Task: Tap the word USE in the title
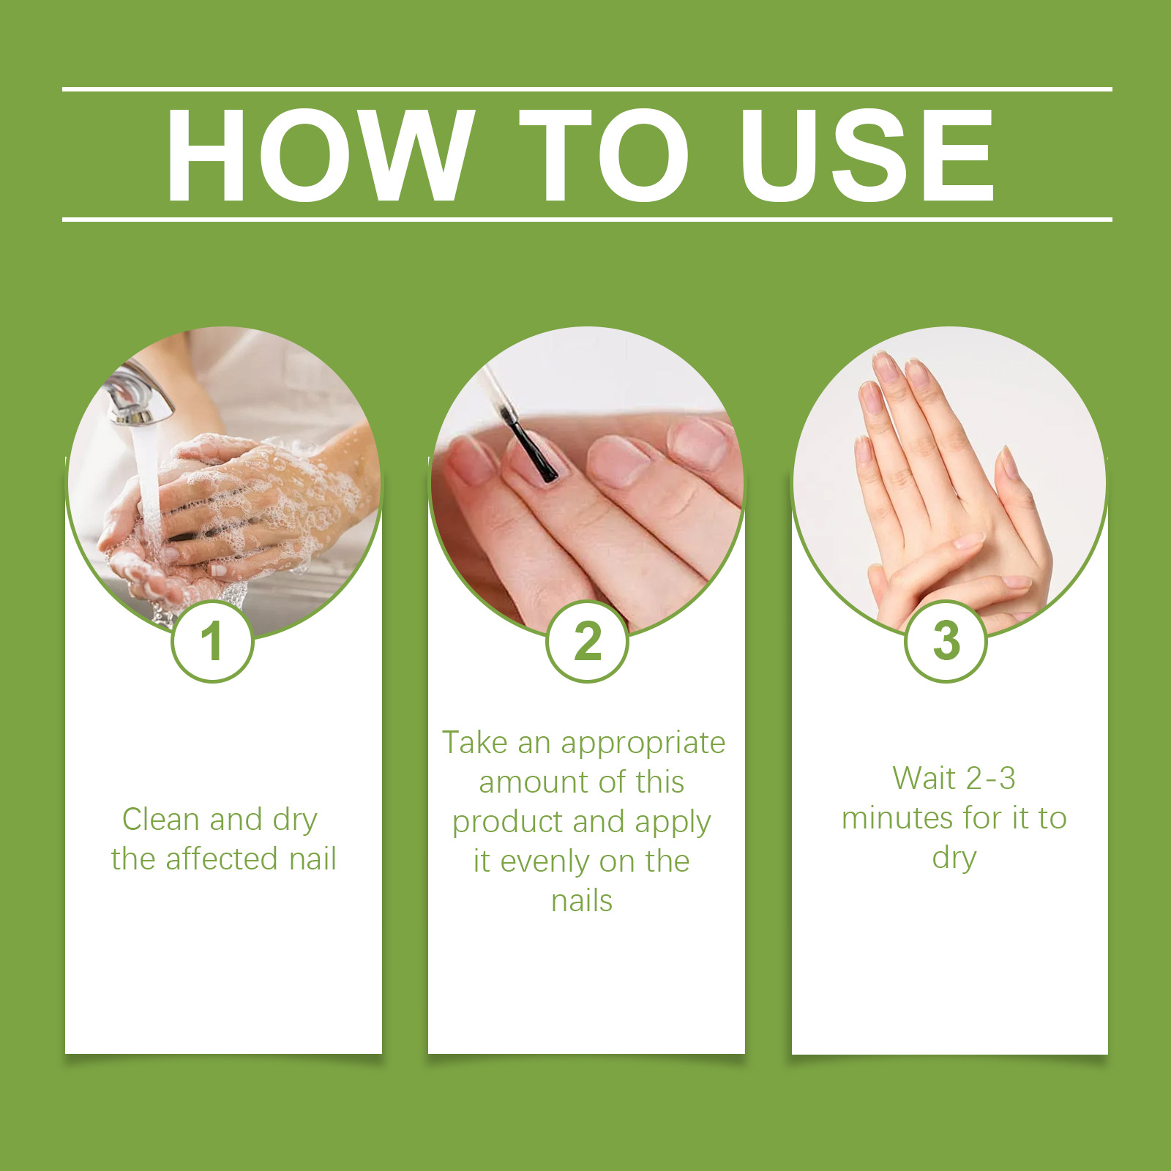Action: (867, 154)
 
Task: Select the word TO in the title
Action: (605, 154)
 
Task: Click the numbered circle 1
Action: (212, 641)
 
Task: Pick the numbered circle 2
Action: (588, 641)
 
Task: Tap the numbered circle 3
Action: (946, 641)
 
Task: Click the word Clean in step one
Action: (162, 819)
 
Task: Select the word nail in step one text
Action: (313, 858)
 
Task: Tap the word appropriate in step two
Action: (643, 744)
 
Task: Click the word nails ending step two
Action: (582, 901)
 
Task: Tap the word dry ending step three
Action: (954, 858)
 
